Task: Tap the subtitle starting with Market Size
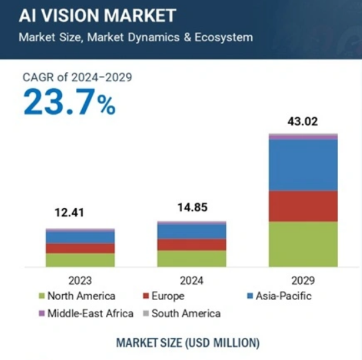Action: click(135, 37)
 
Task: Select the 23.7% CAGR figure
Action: click(69, 103)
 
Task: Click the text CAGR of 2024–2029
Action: click(77, 77)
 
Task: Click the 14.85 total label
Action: click(191, 208)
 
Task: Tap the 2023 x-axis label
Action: click(80, 281)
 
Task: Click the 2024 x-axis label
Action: click(191, 281)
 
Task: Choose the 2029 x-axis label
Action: click(303, 281)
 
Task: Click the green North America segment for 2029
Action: click(303, 244)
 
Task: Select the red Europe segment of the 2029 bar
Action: click(303, 206)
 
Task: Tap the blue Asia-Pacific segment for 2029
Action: click(303, 165)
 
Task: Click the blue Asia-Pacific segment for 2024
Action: click(191, 231)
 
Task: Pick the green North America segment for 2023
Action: click(80, 260)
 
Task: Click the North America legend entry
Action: click(77, 296)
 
